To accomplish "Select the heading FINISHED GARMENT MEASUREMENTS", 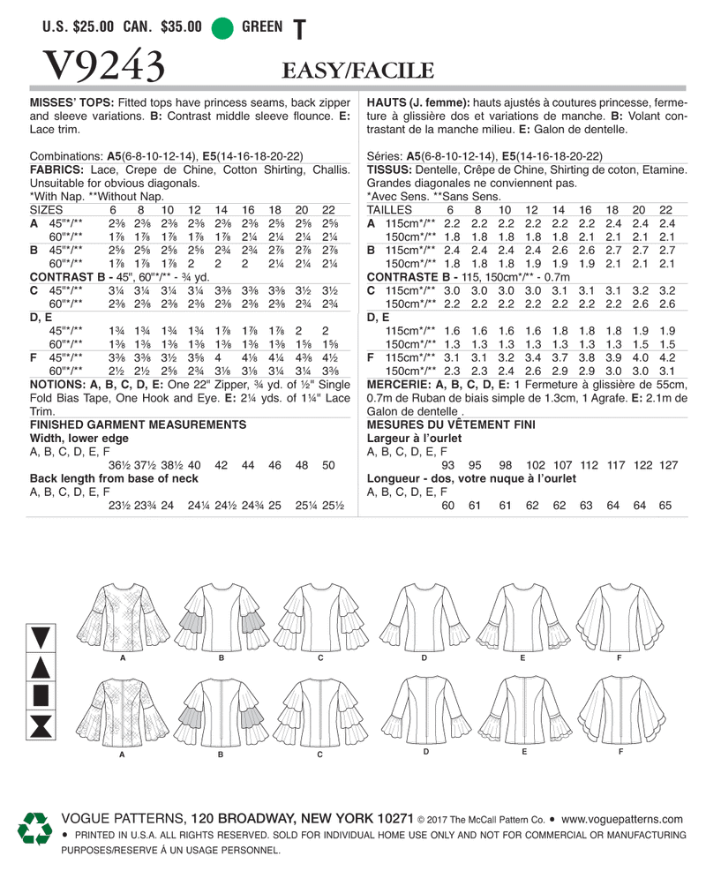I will click(x=138, y=425).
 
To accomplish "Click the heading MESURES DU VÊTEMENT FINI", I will click(x=452, y=425).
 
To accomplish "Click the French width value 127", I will click(x=667, y=465).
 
